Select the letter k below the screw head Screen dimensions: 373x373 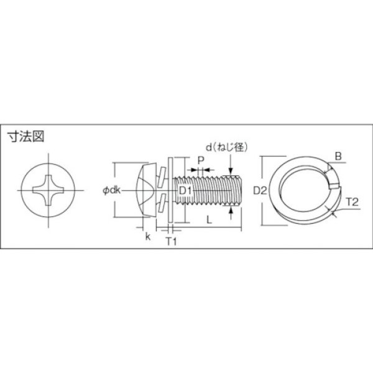[x=147, y=237]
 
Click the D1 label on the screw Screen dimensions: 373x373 [x=184, y=189]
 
